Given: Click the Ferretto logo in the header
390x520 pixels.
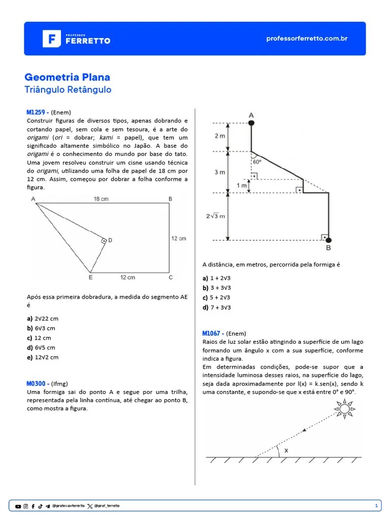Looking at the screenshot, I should pos(76,39).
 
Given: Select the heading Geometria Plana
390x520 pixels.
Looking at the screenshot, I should pos(67,77).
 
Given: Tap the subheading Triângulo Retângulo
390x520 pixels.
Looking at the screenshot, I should pos(68,90).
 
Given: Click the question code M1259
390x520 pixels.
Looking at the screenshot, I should pos(37,112).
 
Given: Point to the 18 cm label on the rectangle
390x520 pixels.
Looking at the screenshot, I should pos(101,199).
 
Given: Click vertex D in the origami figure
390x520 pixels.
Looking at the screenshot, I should pos(110,240).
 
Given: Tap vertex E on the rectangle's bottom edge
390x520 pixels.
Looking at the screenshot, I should pos(90,277).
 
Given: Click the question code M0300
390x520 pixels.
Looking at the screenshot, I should pos(37,384).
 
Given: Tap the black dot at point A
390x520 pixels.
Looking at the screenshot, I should pos(251,123).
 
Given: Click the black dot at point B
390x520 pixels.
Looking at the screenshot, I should pos(329,240).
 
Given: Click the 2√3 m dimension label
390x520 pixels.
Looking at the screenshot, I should pos(215,216).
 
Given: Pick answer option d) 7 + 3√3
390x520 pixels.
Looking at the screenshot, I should pos(216,307).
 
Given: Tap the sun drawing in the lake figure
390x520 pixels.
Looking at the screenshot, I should pos(345,408).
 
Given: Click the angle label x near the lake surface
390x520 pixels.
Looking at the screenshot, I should pos(286,450).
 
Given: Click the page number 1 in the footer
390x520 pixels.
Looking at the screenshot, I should pos(376,506).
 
